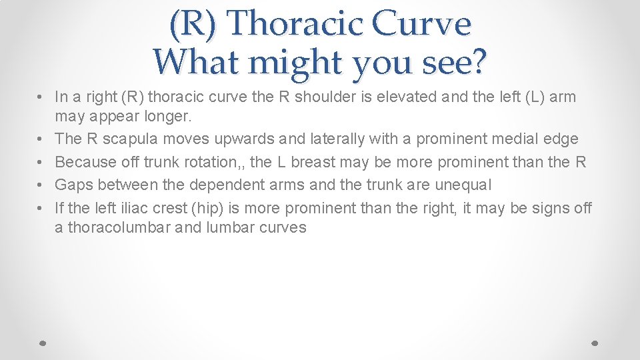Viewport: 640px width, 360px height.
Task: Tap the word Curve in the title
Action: coord(421,24)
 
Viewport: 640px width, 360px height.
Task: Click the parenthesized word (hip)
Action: coord(207,208)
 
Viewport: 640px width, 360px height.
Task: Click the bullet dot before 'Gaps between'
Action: coord(41,185)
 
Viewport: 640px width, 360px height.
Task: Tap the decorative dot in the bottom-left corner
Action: coord(42,342)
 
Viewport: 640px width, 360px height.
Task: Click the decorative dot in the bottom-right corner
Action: coord(595,342)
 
